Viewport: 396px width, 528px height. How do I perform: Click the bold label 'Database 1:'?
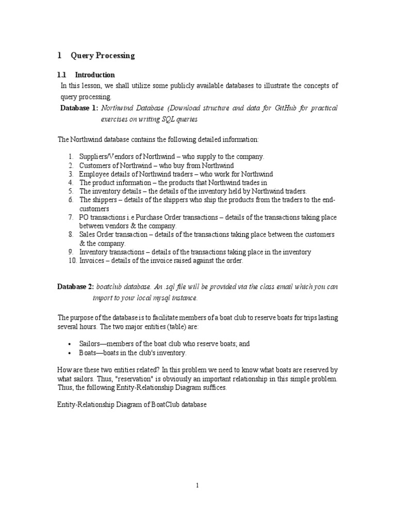coord(79,108)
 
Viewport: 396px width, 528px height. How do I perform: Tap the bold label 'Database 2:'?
coord(75,286)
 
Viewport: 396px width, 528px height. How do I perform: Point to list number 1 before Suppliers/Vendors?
coord(71,156)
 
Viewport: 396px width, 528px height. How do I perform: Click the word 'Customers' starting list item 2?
coord(94,165)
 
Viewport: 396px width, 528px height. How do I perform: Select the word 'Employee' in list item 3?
coord(93,174)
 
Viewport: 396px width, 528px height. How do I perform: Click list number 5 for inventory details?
coord(71,191)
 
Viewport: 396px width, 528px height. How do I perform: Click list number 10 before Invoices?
coord(72,260)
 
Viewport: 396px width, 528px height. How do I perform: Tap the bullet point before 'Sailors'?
coord(70,343)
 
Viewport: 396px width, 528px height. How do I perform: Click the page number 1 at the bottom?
coord(197,485)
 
